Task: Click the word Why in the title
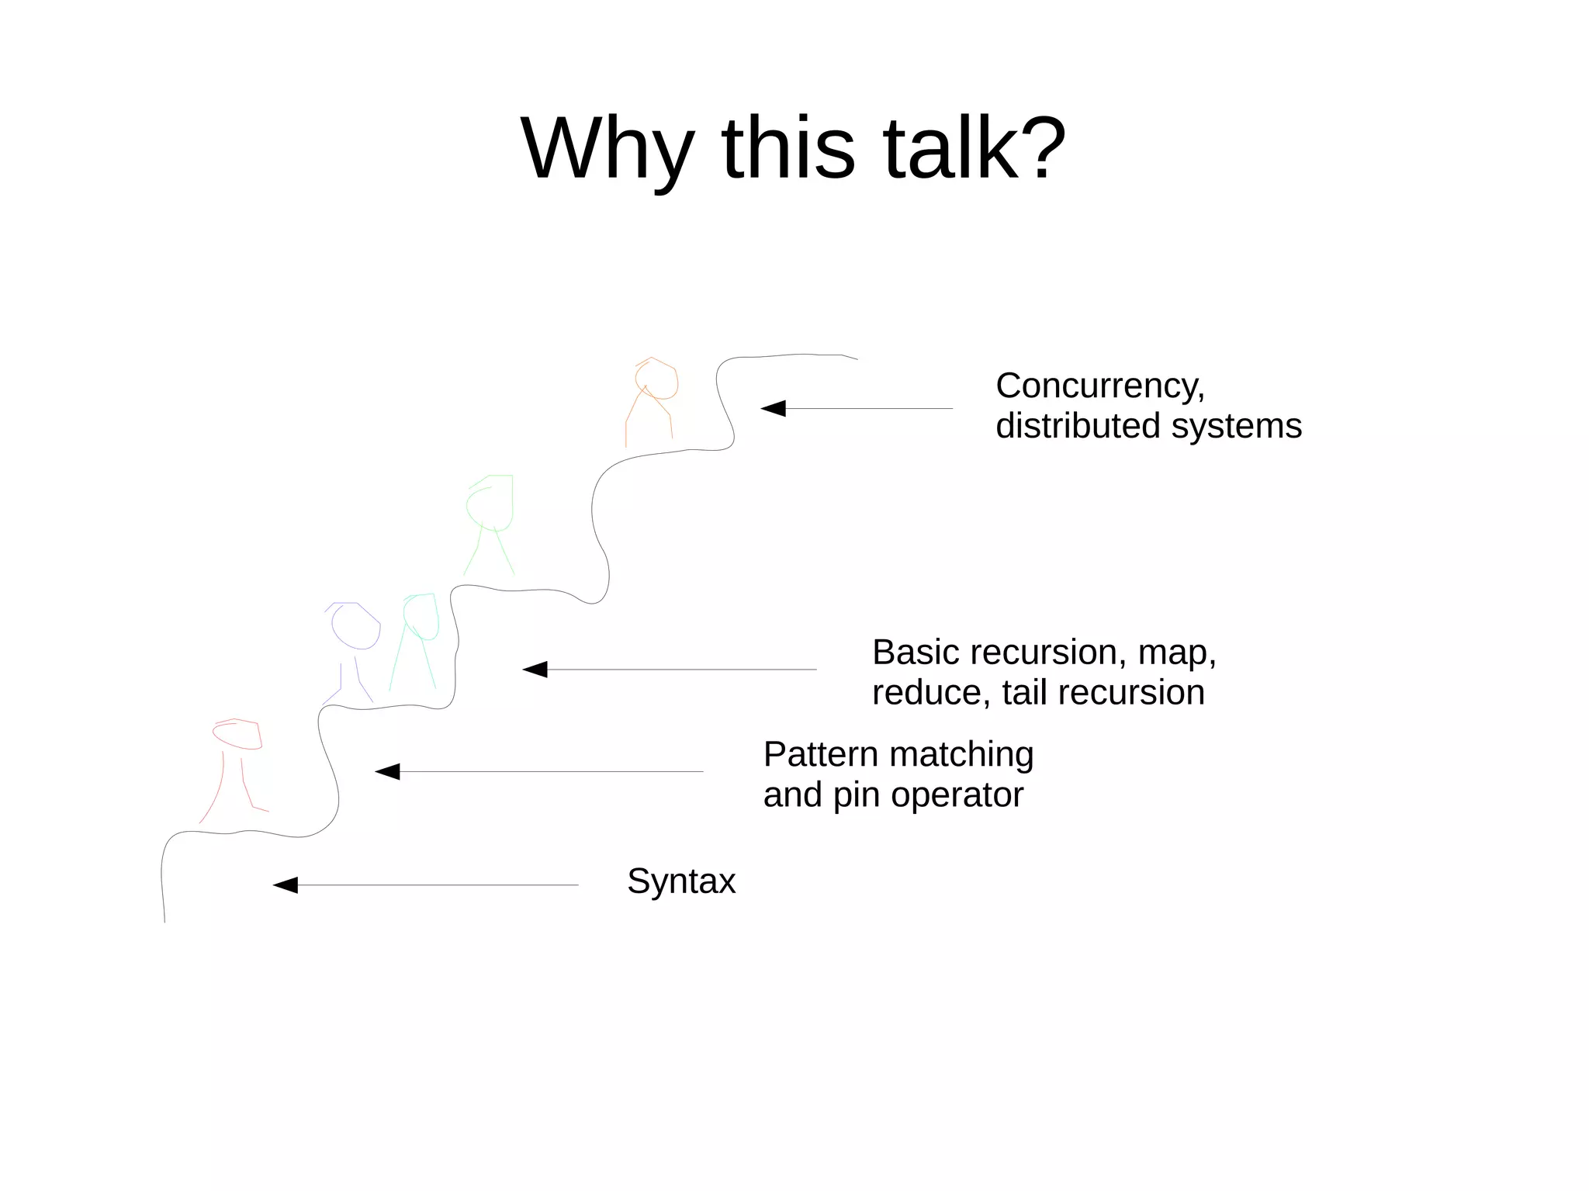pyautogui.click(x=607, y=149)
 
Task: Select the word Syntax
pyautogui.click(x=680, y=881)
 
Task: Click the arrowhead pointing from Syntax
pyautogui.click(x=286, y=885)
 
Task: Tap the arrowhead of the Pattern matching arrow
pyautogui.click(x=387, y=771)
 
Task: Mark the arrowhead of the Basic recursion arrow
pyautogui.click(x=535, y=669)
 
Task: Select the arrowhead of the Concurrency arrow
pyautogui.click(x=773, y=408)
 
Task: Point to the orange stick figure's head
pyautogui.click(x=656, y=379)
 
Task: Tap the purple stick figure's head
pyautogui.click(x=355, y=625)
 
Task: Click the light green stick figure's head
pyautogui.click(x=490, y=503)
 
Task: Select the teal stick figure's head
pyautogui.click(x=421, y=617)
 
